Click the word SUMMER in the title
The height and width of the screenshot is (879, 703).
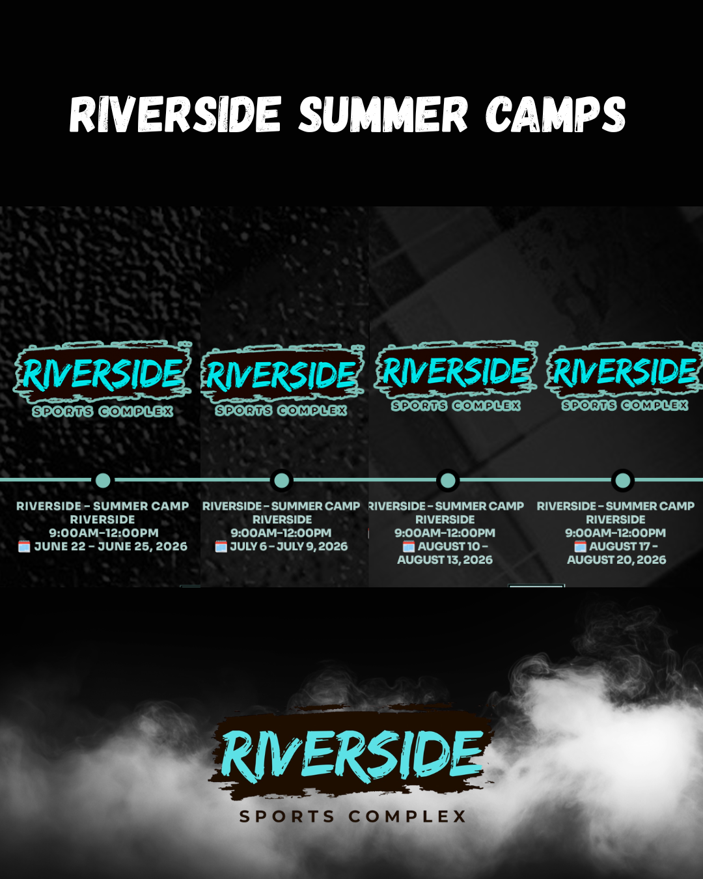(383, 115)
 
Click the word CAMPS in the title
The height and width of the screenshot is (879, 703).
(555, 115)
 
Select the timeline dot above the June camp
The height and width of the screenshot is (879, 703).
(103, 481)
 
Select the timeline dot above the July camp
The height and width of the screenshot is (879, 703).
(282, 481)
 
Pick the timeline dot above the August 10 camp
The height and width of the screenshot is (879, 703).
(448, 481)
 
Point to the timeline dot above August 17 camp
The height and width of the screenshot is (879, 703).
(623, 481)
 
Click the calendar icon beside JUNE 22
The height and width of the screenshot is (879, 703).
(24, 546)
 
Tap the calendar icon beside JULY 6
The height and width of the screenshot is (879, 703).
(221, 546)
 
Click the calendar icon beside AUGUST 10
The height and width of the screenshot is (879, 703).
(408, 546)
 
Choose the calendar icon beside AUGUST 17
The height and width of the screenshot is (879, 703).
(580, 546)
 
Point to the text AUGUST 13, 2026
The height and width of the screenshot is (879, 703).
(445, 560)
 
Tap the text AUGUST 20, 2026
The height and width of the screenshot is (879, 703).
(616, 560)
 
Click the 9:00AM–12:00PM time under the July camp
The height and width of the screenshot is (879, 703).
(281, 533)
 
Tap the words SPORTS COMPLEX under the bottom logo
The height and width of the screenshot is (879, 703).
(352, 816)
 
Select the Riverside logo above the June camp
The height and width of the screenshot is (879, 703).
(103, 374)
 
